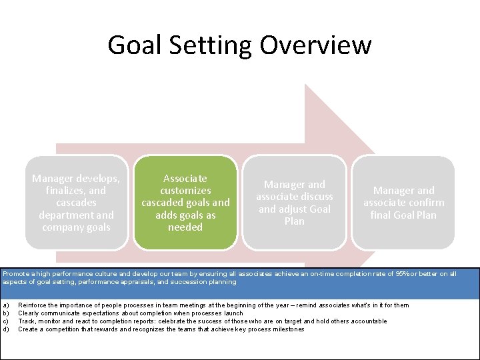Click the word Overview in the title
point(315,45)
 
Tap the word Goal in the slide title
point(135,45)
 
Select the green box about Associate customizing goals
point(185,203)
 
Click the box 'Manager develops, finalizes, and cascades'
point(77,203)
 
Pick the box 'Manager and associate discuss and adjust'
point(295,203)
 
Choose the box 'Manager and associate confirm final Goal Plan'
point(403,203)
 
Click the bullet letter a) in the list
point(5,305)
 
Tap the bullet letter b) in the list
point(5,313)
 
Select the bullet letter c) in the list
point(5,321)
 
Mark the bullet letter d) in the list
point(5,329)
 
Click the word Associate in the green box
point(185,179)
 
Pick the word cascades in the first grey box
point(77,203)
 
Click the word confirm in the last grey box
point(427,203)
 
